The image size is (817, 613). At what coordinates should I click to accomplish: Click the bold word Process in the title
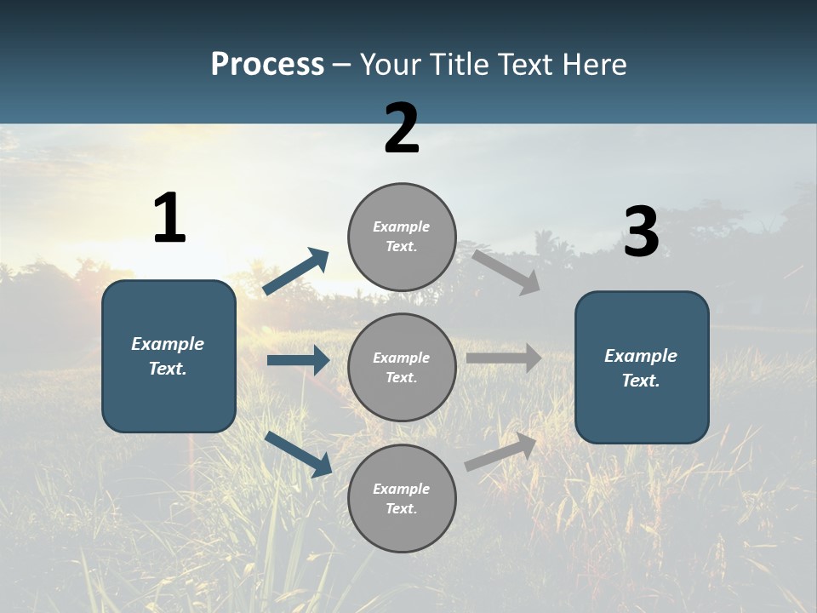tap(267, 65)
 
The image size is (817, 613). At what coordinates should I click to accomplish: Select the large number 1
tap(169, 218)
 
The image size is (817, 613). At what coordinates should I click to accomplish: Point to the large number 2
tap(402, 129)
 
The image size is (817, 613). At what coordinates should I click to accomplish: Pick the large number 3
tap(641, 232)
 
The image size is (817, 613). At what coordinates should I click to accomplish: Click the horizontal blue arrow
tap(298, 360)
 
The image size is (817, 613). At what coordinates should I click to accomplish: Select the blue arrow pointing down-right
tap(299, 453)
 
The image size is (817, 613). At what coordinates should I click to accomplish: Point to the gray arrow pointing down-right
tap(506, 272)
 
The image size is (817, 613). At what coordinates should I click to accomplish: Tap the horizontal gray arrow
tap(504, 358)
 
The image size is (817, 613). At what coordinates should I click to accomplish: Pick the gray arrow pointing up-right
tap(500, 451)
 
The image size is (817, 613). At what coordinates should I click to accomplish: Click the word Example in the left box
tap(168, 344)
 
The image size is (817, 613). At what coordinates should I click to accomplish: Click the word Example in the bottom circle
tap(401, 489)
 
